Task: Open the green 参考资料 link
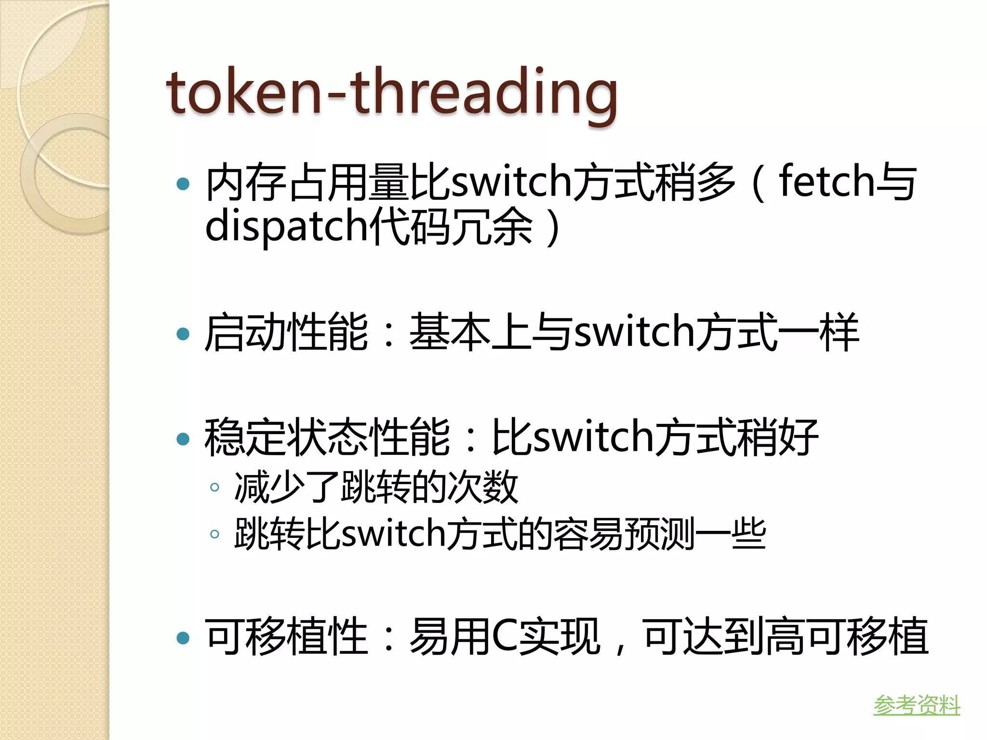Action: point(916,705)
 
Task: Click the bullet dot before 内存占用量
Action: point(183,184)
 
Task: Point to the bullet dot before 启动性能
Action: point(183,334)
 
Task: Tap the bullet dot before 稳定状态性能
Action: point(183,439)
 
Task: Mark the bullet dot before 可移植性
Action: point(183,638)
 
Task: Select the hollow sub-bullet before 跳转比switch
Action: point(215,534)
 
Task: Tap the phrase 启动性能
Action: point(286,332)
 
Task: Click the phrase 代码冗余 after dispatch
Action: point(451,226)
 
